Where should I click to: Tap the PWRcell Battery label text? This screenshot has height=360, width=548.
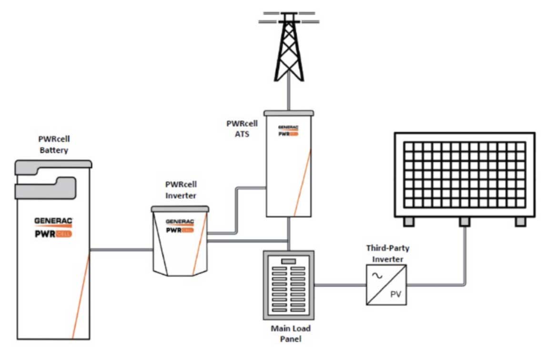pos(53,145)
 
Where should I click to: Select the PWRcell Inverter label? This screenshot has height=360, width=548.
pos(181,190)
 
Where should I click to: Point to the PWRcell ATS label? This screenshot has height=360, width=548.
pos(242,129)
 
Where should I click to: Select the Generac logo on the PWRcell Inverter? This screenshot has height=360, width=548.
pos(180,222)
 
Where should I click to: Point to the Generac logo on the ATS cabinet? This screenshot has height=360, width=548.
pos(288,127)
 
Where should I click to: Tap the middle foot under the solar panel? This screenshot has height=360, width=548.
pos(464,222)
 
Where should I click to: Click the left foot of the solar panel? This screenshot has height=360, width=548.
pos(409,222)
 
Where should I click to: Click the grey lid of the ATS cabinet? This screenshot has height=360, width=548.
pos(289,112)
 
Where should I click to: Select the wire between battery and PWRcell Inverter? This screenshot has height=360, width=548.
pos(122,250)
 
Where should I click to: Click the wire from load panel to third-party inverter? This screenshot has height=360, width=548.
pos(340,285)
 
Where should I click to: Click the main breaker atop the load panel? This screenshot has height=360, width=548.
pos(288,261)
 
